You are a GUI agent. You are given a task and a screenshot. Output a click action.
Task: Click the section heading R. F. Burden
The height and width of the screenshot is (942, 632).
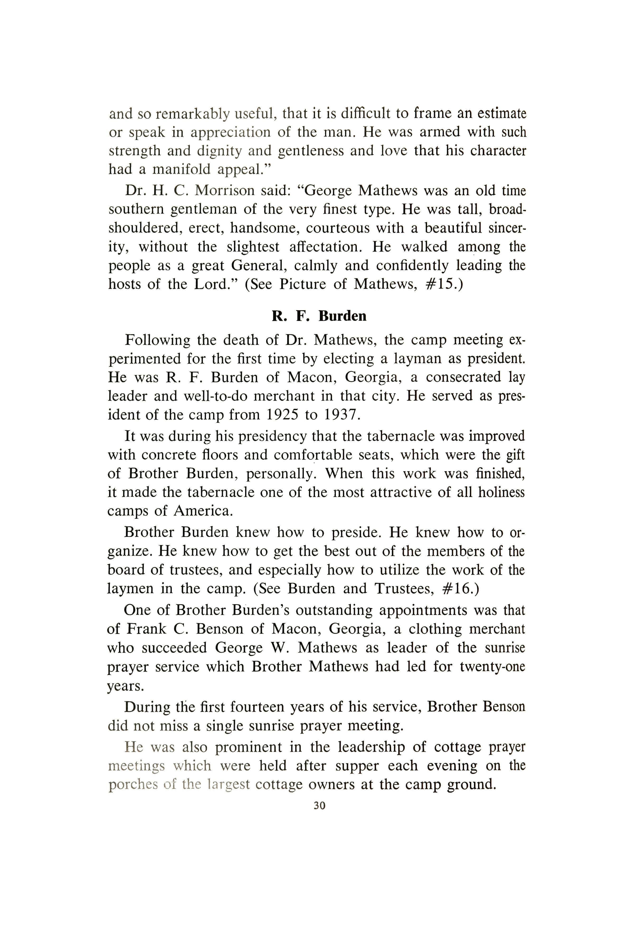click(x=319, y=316)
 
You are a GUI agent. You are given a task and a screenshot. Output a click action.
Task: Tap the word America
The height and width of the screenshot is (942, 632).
click(x=203, y=511)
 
